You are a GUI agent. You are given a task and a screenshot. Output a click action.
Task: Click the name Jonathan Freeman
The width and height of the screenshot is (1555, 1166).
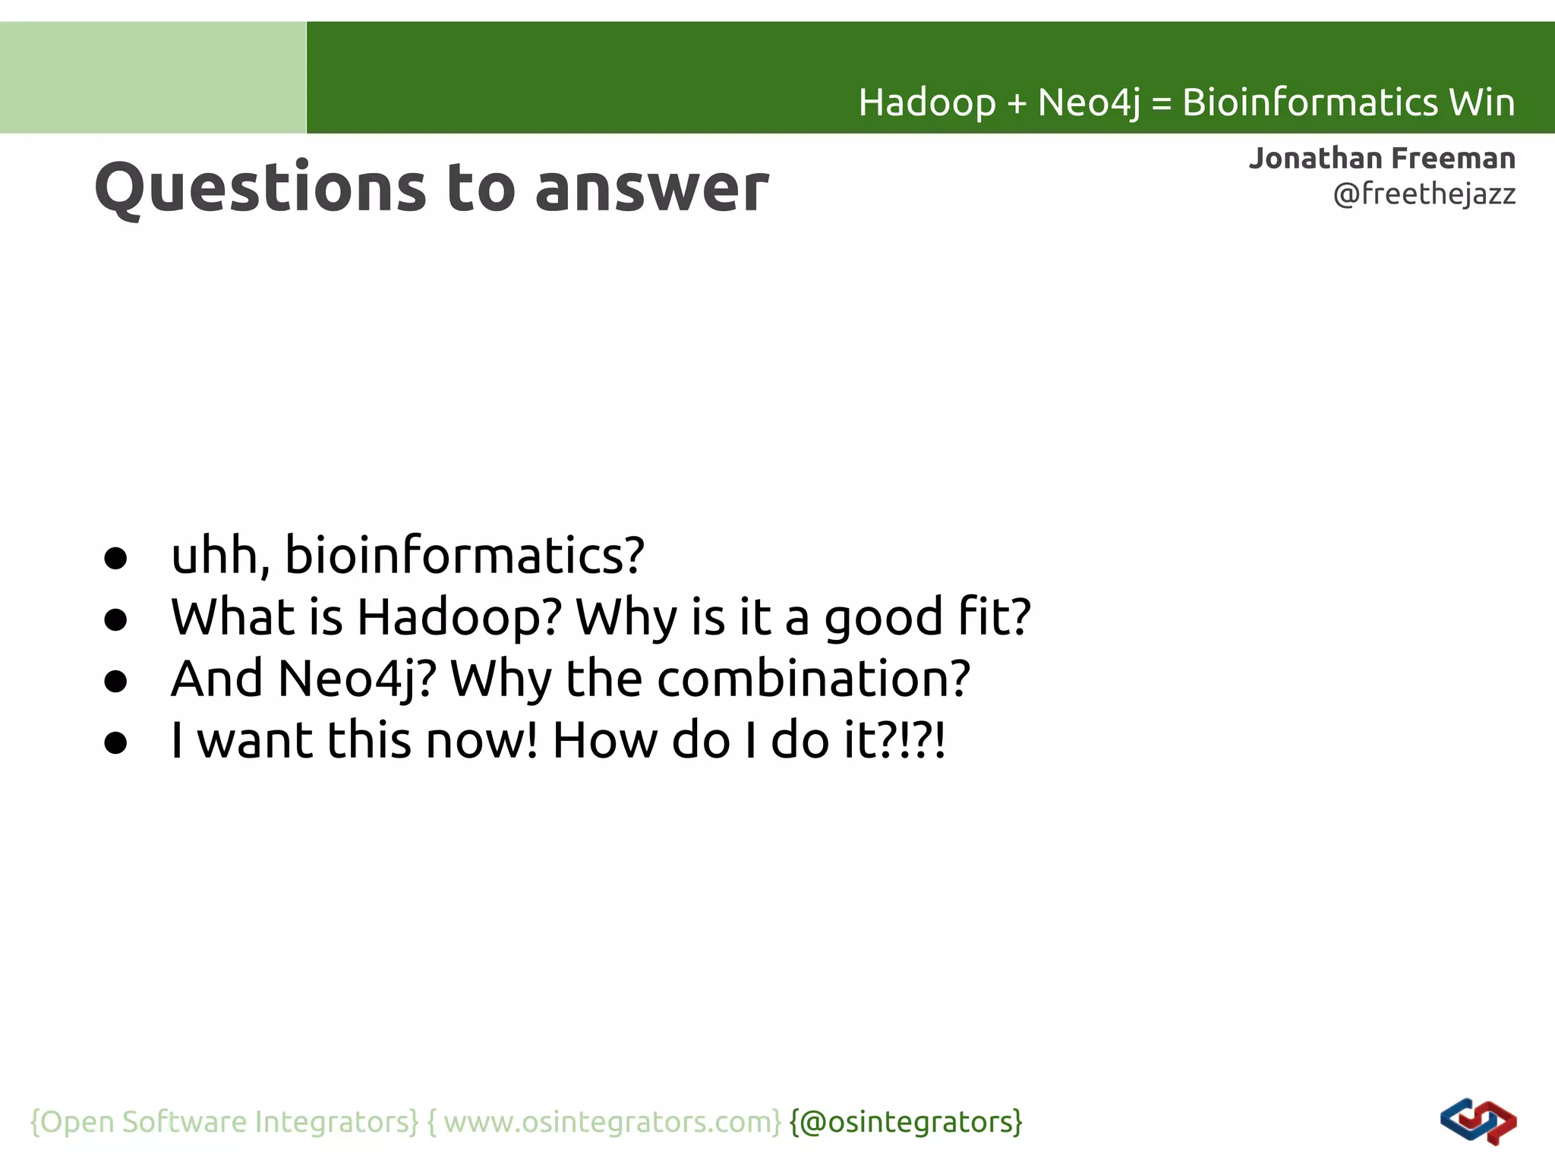pyautogui.click(x=1382, y=159)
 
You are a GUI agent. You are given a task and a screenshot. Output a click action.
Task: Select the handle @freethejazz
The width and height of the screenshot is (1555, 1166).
pyautogui.click(x=1424, y=194)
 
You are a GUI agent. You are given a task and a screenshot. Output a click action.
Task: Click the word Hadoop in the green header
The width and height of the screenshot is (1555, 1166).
pyautogui.click(x=926, y=102)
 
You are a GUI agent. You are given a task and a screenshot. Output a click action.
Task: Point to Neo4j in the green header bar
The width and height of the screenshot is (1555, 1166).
pyautogui.click(x=1088, y=102)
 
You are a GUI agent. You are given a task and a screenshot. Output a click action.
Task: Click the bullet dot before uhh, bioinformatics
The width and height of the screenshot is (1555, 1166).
pyautogui.click(x=115, y=559)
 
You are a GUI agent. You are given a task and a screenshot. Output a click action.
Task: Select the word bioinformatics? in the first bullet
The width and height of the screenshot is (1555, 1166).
pyautogui.click(x=465, y=555)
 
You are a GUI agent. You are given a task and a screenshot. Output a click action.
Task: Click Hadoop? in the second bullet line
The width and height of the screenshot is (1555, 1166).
pyautogui.click(x=459, y=616)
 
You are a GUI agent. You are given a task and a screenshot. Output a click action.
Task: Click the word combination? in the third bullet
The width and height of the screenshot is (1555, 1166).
pyautogui.click(x=813, y=679)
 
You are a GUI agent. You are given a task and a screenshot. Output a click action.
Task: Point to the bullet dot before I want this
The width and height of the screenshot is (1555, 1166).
pyautogui.click(x=115, y=743)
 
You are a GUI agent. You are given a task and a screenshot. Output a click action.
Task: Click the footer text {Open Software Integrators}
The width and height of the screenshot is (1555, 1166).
pyautogui.click(x=224, y=1122)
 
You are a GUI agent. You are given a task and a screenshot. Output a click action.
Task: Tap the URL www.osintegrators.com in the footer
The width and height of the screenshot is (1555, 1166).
pyautogui.click(x=612, y=1122)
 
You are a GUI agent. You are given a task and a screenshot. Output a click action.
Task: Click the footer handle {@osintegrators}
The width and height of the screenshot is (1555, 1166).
pyautogui.click(x=906, y=1122)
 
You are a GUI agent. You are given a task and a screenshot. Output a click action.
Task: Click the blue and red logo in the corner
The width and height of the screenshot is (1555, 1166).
pyautogui.click(x=1478, y=1122)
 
